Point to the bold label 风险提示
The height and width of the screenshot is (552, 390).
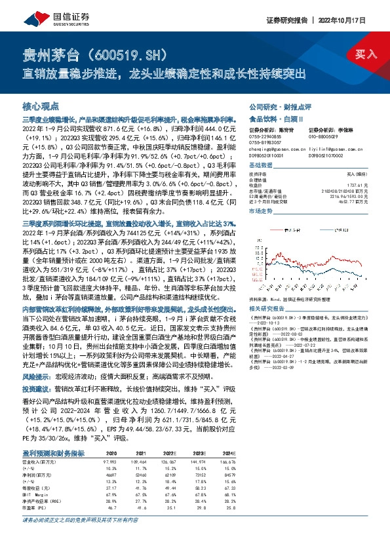[x=37, y=358]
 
